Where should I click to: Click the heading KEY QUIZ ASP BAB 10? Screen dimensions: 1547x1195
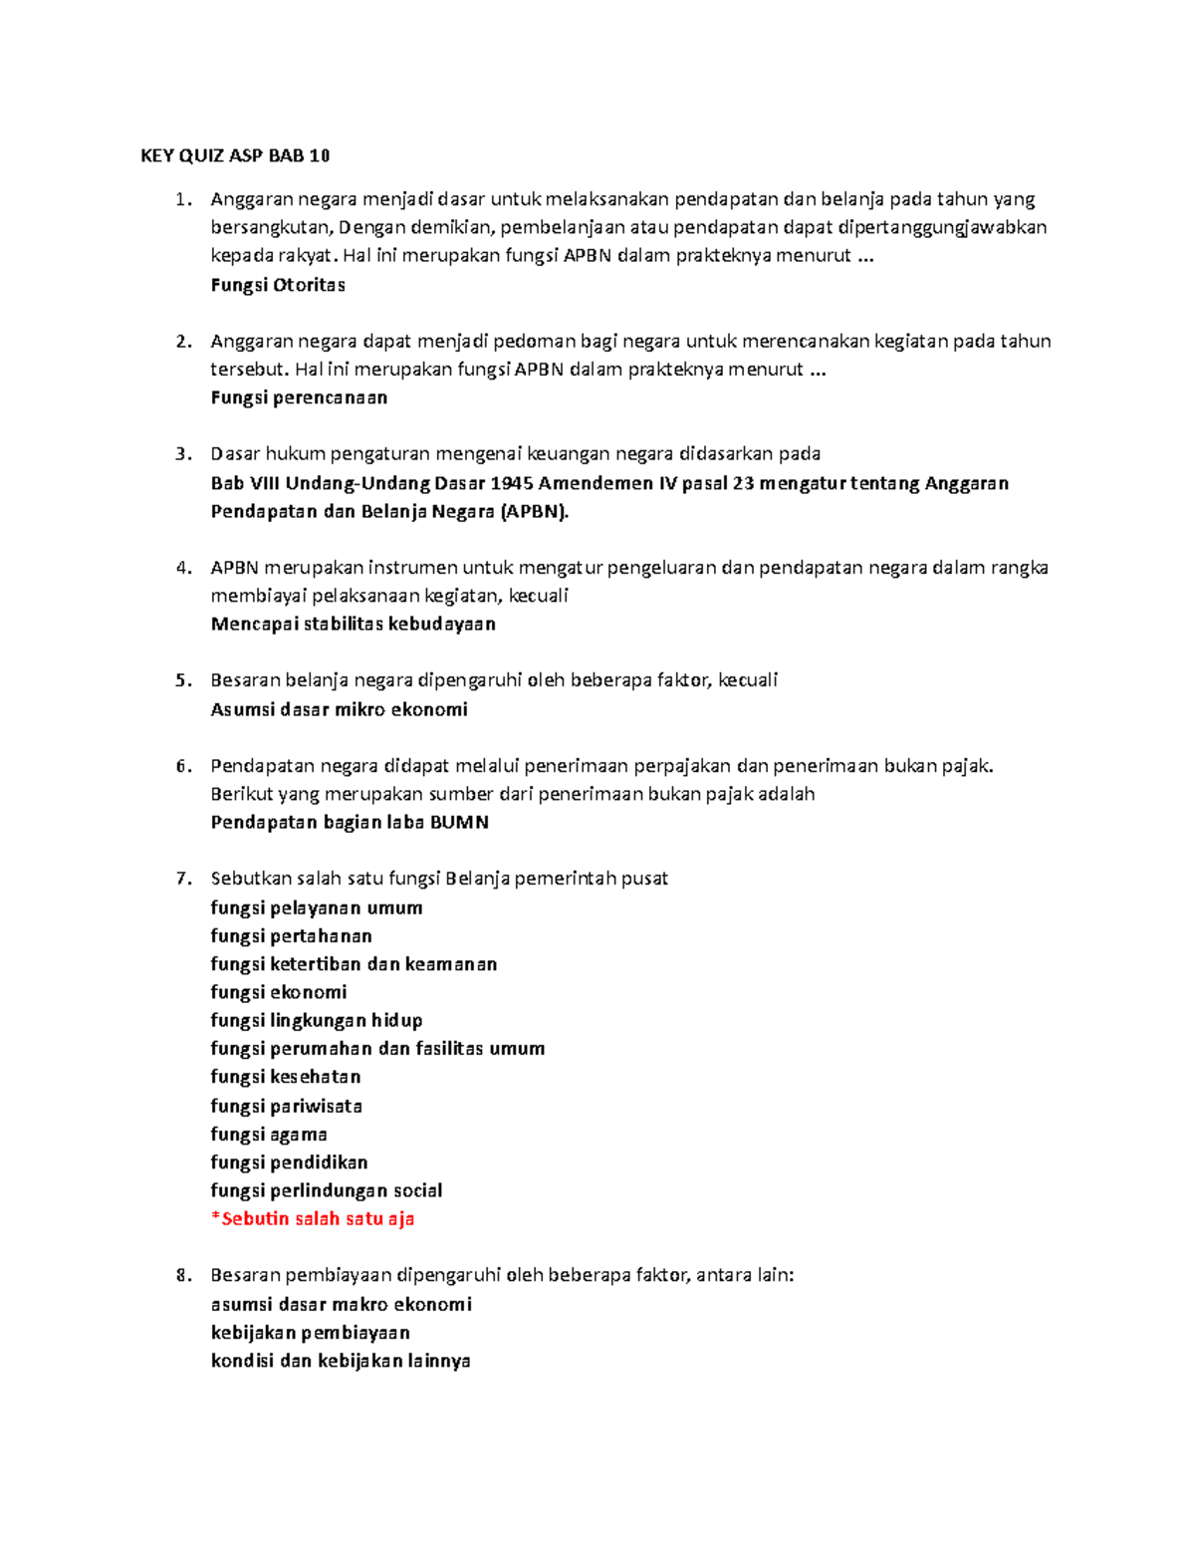[235, 155]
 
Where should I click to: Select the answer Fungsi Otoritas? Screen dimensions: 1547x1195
[278, 285]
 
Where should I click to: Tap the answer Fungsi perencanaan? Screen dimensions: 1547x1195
[299, 397]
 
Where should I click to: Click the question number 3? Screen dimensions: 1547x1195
[182, 454]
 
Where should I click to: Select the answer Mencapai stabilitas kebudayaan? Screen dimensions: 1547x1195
[353, 625]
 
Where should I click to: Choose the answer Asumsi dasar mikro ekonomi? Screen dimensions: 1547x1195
[339, 709]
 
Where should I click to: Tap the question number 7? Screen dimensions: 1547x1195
[182, 879]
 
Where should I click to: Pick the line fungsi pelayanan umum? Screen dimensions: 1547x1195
[317, 907]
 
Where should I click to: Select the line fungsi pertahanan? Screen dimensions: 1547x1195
[291, 936]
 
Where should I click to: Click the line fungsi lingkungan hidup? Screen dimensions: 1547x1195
[317, 1020]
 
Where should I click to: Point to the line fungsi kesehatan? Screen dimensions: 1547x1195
[286, 1077]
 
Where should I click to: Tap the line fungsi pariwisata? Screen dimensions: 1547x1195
[286, 1106]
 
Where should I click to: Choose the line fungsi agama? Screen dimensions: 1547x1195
[269, 1135]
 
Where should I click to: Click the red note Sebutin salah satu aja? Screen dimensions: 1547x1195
[313, 1219]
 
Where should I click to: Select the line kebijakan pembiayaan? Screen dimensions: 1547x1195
[311, 1333]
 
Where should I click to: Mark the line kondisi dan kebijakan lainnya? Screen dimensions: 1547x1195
[341, 1361]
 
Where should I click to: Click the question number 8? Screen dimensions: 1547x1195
[182, 1275]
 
